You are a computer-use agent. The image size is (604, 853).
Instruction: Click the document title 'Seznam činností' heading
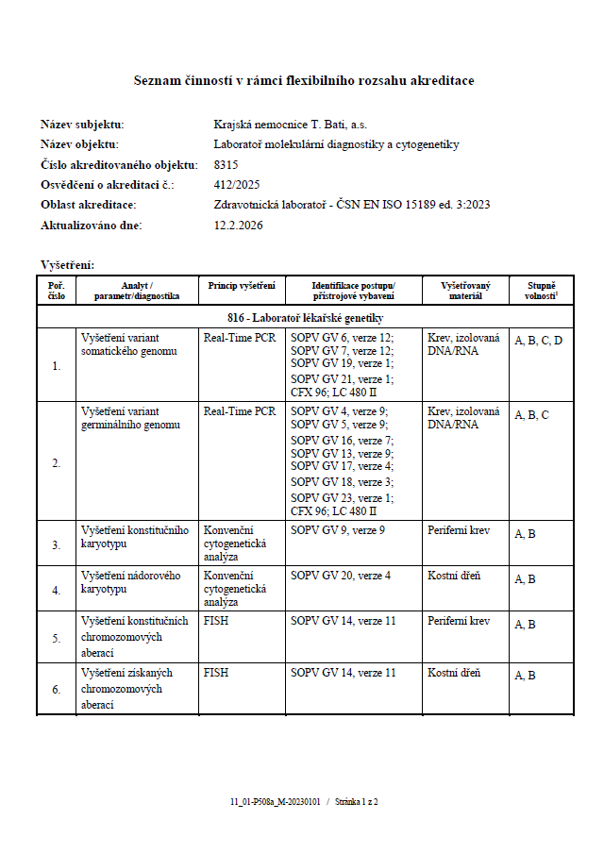(303, 81)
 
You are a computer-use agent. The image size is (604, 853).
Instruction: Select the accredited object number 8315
(227, 164)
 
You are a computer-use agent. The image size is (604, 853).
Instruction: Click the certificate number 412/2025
(237, 185)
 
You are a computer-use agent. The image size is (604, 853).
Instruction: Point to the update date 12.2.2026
(239, 226)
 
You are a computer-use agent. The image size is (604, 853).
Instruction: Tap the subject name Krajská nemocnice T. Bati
(291, 124)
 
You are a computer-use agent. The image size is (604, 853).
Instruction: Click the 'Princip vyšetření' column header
(242, 285)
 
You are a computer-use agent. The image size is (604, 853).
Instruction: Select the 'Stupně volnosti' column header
(540, 290)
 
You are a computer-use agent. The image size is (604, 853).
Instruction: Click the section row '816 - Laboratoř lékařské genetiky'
(305, 318)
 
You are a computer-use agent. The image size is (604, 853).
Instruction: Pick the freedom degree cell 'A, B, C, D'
(538, 341)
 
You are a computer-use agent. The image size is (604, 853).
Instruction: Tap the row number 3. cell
(56, 544)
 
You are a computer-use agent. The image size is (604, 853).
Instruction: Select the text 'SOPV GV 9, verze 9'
(338, 530)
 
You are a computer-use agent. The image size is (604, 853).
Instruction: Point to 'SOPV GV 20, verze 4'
(341, 576)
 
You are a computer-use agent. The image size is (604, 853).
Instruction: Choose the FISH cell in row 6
(216, 674)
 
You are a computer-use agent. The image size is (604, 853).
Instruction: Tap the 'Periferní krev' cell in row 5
(459, 621)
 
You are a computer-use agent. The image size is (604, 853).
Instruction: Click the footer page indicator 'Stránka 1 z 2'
(356, 801)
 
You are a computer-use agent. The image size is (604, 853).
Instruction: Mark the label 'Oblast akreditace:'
(88, 205)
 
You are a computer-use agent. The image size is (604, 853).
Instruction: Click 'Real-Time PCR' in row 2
(240, 411)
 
